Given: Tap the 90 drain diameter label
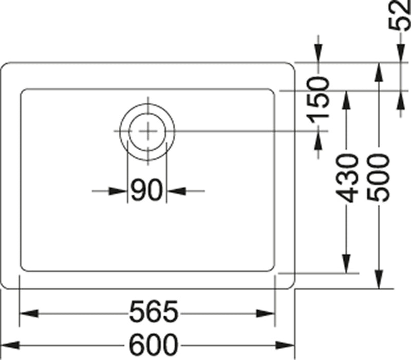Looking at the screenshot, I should pos(146,191).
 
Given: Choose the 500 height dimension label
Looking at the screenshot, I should pos(379,177).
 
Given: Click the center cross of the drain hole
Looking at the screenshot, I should pos(147,131).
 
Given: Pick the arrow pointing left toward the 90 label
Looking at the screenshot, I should pos(177,191).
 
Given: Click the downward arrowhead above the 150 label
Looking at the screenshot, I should pos(319,53).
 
